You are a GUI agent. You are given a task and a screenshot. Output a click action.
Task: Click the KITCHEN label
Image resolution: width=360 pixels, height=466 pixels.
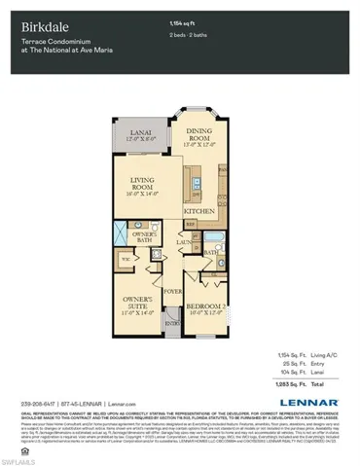pos(198,210)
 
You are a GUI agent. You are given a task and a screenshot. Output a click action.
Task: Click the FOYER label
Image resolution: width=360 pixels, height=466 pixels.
pos(171,289)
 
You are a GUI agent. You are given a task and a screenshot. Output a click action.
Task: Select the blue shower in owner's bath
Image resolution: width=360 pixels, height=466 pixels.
pos(120,234)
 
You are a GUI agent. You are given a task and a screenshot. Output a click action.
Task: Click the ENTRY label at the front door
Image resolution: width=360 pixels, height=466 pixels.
pos(172,323)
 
